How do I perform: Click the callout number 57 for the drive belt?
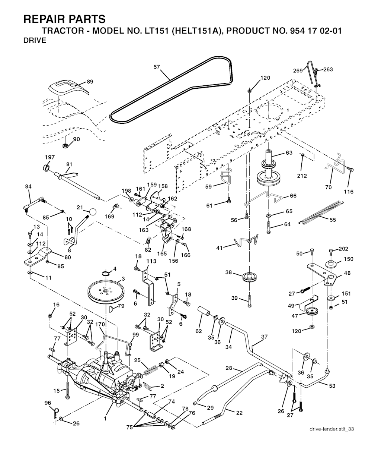pyautogui.click(x=157, y=67)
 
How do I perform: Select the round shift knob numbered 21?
pyautogui.click(x=92, y=211)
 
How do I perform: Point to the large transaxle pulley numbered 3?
pyautogui.click(x=105, y=291)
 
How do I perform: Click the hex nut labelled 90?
pyautogui.click(x=64, y=144)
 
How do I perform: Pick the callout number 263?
pyautogui.click(x=328, y=70)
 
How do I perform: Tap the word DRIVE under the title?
pyautogui.click(x=35, y=41)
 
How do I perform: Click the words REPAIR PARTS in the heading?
pyautogui.click(x=64, y=19)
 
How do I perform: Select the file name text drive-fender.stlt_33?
pyautogui.click(x=332, y=429)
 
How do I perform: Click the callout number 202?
pyautogui.click(x=343, y=249)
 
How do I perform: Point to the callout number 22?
pyautogui.click(x=239, y=412)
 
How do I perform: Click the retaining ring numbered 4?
pyautogui.click(x=106, y=275)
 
